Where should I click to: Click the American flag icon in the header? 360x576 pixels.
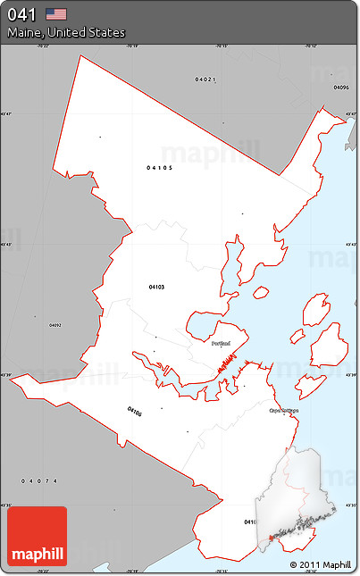[x=57, y=13]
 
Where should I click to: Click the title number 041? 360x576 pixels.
[x=22, y=14]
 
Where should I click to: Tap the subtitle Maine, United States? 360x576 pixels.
[x=66, y=33]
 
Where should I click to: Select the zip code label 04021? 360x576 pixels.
[x=205, y=79]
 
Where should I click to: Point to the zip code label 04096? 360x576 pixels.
[x=340, y=88]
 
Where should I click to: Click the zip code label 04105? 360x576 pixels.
[x=160, y=167]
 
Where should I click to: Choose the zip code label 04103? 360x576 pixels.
[x=156, y=287]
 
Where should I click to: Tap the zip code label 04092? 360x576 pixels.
[x=55, y=325]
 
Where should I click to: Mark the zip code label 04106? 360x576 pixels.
[x=134, y=412]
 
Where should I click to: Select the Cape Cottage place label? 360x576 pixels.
[x=282, y=411]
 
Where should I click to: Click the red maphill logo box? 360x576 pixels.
[x=37, y=536]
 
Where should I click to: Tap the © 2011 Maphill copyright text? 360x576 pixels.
[x=320, y=564]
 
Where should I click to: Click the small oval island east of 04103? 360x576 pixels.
[x=261, y=292]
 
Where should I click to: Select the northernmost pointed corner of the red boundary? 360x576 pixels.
[x=81, y=55]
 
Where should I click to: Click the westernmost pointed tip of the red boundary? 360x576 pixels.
[x=11, y=376]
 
